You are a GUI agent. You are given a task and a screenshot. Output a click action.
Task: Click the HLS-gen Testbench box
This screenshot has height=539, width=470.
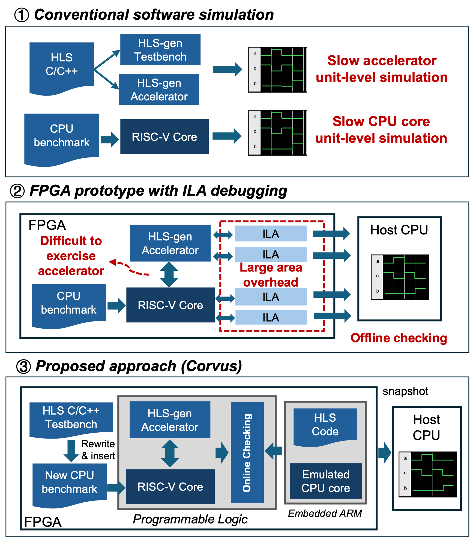point(160,50)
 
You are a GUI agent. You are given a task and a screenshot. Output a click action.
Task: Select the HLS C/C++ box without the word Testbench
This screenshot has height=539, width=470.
point(62,65)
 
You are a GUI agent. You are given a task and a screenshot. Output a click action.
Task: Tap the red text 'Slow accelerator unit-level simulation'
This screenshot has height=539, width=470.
point(382,69)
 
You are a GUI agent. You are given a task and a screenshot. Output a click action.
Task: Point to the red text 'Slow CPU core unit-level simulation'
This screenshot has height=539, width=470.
point(381,130)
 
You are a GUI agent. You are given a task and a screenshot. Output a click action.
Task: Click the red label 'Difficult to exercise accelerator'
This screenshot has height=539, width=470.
point(71,256)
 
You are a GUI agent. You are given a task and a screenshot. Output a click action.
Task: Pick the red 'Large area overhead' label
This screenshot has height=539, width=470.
point(271,275)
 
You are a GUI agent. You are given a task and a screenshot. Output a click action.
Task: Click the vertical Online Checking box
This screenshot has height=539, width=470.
point(247,452)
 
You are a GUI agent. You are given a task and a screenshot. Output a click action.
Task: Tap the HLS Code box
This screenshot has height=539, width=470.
point(325,425)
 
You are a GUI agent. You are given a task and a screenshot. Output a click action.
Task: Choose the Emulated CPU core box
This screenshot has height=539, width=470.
point(326,481)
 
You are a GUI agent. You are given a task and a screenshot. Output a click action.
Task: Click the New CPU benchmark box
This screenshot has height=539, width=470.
point(70,482)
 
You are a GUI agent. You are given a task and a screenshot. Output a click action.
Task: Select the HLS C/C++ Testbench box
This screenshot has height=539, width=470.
point(71,417)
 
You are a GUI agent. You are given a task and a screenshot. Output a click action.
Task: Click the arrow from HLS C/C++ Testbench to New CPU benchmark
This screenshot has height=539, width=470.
point(71,451)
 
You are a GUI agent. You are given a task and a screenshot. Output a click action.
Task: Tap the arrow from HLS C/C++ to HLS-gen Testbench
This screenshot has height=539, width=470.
point(107,59)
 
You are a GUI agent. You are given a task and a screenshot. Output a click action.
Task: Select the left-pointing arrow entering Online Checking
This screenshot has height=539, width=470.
point(274,451)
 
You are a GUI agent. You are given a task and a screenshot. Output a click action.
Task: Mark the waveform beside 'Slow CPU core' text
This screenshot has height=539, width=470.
point(278,133)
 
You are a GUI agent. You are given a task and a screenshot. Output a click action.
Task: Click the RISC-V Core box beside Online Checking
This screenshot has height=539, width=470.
point(170,487)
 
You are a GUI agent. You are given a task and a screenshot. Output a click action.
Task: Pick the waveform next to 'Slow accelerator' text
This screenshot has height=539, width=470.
point(278,70)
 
